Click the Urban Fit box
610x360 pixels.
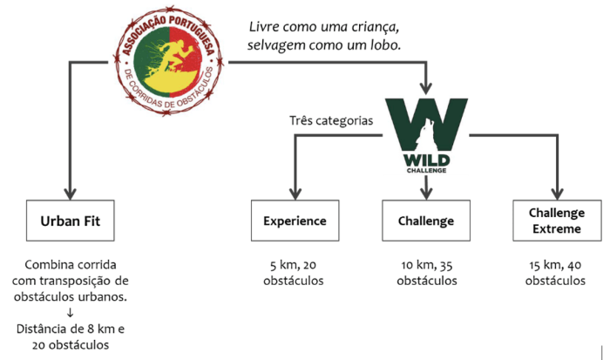click(71, 221)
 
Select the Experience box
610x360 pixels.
click(295, 221)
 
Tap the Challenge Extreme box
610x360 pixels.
click(557, 221)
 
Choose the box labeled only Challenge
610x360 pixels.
click(426, 221)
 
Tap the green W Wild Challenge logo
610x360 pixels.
click(425, 135)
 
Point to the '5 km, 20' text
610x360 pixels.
click(295, 265)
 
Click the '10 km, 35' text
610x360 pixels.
click(426, 265)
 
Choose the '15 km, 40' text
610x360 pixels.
click(557, 265)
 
